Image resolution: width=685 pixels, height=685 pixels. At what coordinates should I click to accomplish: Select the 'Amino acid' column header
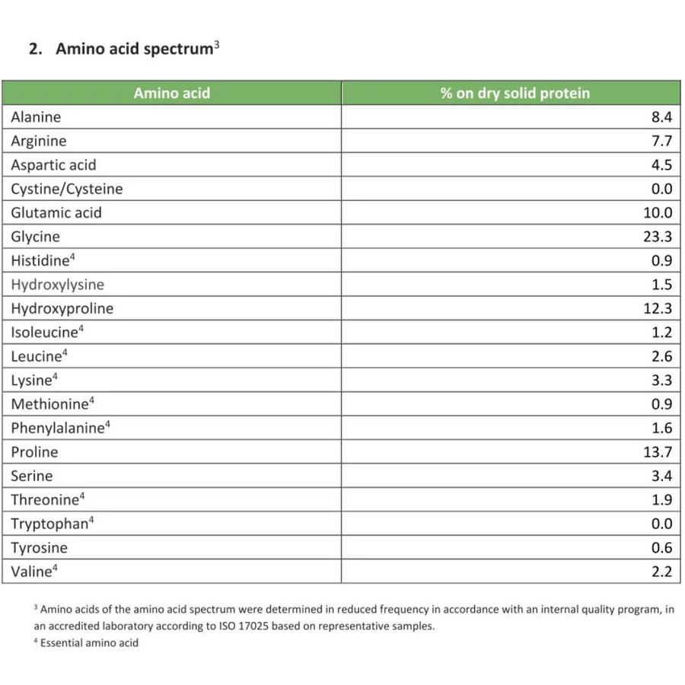pyautogui.click(x=171, y=93)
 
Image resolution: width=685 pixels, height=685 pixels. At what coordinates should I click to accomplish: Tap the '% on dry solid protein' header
pyautogui.click(x=515, y=93)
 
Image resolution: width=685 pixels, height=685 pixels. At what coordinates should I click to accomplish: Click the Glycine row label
pyautogui.click(x=35, y=237)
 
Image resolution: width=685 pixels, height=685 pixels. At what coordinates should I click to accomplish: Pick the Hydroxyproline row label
pyautogui.click(x=62, y=308)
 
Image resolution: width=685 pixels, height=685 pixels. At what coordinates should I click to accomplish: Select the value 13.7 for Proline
pyautogui.click(x=658, y=452)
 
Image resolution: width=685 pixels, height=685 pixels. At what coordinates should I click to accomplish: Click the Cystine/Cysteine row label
pyautogui.click(x=66, y=189)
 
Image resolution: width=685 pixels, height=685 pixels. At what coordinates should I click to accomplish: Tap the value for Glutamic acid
pyautogui.click(x=658, y=213)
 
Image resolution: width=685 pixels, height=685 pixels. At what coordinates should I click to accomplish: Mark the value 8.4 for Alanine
pyautogui.click(x=661, y=117)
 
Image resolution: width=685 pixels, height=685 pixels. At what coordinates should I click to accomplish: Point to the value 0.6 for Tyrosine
pyautogui.click(x=661, y=548)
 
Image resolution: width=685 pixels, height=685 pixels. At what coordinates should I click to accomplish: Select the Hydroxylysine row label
pyautogui.click(x=57, y=285)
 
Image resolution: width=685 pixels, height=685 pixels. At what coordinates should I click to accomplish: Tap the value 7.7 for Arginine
pyautogui.click(x=661, y=141)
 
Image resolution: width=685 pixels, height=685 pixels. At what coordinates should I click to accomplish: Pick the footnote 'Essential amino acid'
pyautogui.click(x=89, y=643)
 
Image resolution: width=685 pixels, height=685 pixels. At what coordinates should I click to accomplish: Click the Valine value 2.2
pyautogui.click(x=661, y=572)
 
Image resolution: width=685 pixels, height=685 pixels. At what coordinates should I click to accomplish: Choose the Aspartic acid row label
pyautogui.click(x=53, y=165)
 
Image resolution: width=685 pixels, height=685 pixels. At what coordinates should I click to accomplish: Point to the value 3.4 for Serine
pyautogui.click(x=661, y=476)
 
